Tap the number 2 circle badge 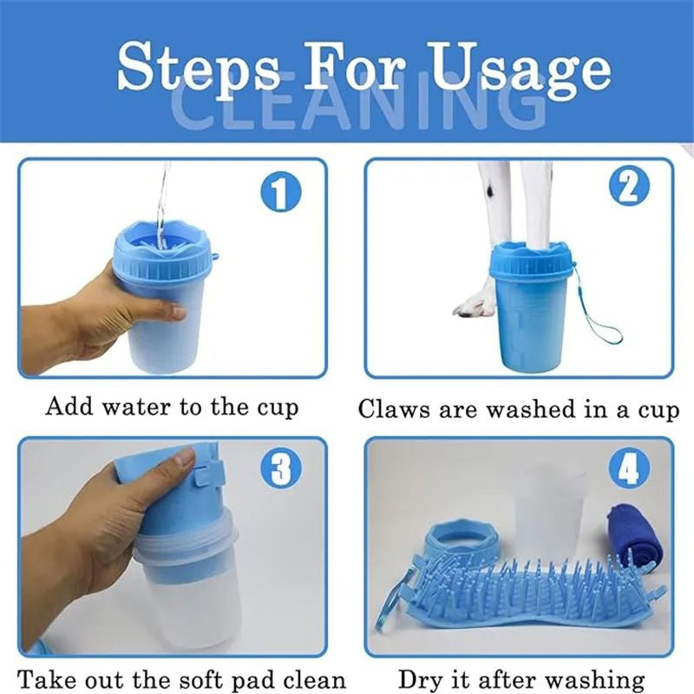tap(630, 187)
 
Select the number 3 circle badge tap(280, 468)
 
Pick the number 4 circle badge tap(630, 468)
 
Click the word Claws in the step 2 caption tap(394, 409)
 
